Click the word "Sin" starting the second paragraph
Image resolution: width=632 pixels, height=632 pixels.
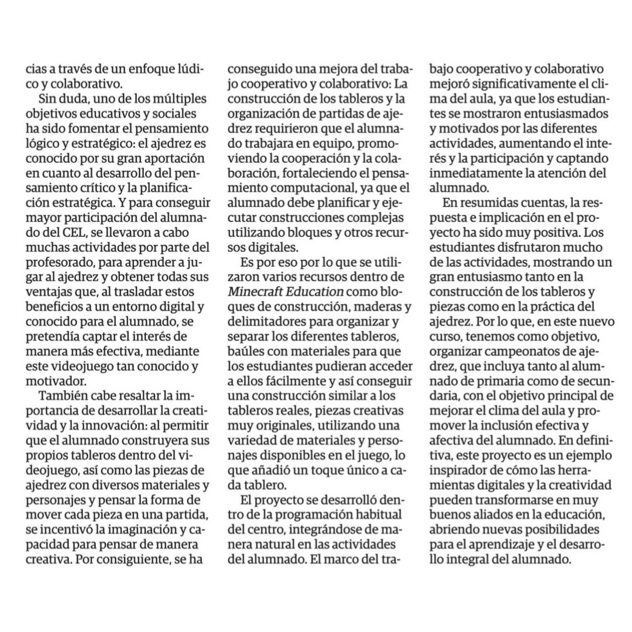tap(49, 96)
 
